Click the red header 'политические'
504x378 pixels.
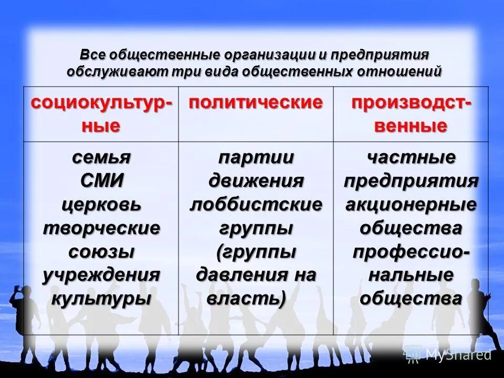tap(256, 102)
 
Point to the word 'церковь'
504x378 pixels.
tap(101, 204)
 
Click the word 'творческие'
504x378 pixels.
tap(101, 228)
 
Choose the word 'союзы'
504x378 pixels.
tap(101, 251)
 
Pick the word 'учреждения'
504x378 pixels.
tap(101, 275)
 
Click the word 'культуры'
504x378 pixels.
tap(101, 298)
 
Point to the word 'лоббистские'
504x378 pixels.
tap(256, 204)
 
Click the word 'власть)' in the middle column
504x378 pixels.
tap(247, 298)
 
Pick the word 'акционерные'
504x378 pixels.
tap(411, 204)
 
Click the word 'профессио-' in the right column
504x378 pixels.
tap(411, 251)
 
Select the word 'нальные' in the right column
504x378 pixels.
tap(411, 275)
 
